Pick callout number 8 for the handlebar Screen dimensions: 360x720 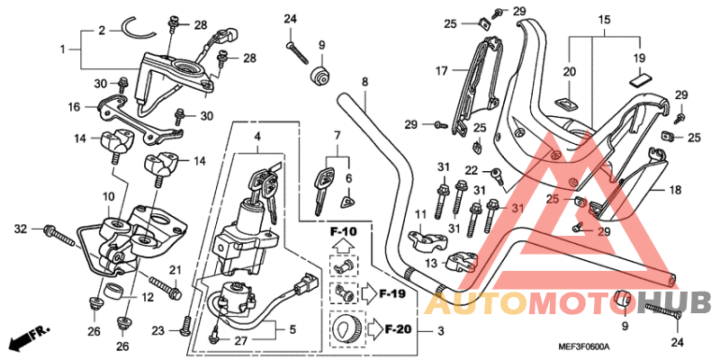[x=364, y=82]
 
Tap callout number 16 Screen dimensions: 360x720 [x=75, y=106]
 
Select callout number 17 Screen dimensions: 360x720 [x=442, y=69]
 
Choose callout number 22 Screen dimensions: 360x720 [x=471, y=170]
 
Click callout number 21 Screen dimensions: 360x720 [x=175, y=270]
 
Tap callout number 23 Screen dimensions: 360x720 [x=158, y=331]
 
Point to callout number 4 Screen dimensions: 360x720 [x=257, y=138]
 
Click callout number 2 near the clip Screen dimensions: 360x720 [x=102, y=30]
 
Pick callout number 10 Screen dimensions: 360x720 [x=106, y=196]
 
